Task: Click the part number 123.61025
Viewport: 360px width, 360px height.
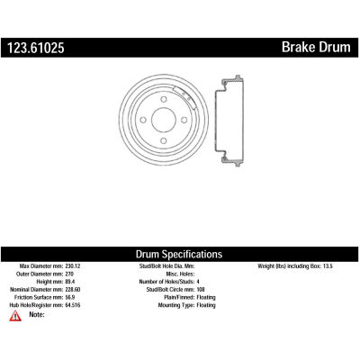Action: coord(36,48)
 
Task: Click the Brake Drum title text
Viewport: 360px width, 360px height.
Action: coord(316,47)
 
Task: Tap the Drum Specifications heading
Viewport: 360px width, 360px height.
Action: coord(179,254)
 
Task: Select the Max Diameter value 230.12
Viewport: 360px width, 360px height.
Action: coord(73,265)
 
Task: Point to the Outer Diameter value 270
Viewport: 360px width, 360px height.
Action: coord(69,274)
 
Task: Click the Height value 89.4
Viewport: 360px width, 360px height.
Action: coord(70,282)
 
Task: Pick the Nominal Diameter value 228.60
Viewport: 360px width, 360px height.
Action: coord(73,290)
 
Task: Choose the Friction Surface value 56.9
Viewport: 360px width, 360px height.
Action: coord(70,297)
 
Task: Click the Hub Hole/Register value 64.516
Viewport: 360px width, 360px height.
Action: coord(73,305)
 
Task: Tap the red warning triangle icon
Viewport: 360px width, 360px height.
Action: coord(15,316)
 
